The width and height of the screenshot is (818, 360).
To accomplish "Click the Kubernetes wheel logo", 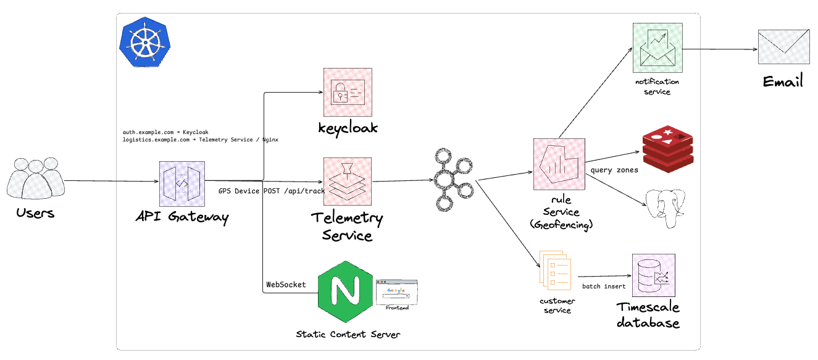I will pyautogui.click(x=144, y=42).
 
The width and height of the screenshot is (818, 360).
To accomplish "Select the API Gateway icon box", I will pyautogui.click(x=183, y=184).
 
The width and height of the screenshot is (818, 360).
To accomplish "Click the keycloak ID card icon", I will pyautogui.click(x=348, y=92).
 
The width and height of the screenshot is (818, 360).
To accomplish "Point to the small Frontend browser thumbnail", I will pyautogui.click(x=396, y=291).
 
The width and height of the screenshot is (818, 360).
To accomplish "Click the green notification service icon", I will pyautogui.click(x=657, y=48).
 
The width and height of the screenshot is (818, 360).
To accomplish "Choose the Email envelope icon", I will pyautogui.click(x=783, y=47).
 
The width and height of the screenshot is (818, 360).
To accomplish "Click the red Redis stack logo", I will pyautogui.click(x=667, y=149).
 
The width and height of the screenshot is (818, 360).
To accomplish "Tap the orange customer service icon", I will pyautogui.click(x=556, y=270).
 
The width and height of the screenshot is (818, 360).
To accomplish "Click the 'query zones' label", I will pyautogui.click(x=614, y=170).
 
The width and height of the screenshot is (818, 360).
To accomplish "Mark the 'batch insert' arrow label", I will pyautogui.click(x=603, y=287).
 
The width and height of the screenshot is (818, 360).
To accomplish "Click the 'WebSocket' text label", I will pyautogui.click(x=286, y=285).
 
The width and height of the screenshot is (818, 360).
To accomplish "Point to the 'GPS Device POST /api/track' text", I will pyautogui.click(x=271, y=191).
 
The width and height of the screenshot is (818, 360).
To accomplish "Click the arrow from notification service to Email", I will pyautogui.click(x=720, y=50).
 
